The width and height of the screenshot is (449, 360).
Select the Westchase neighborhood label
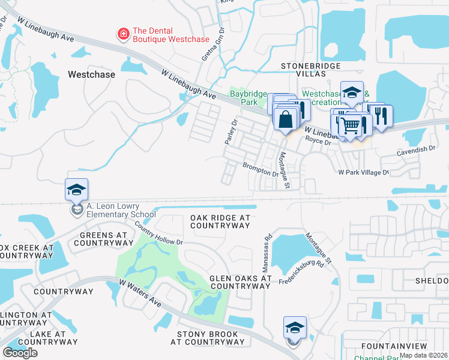coord(91,75)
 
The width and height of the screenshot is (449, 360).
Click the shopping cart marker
coord(351,127)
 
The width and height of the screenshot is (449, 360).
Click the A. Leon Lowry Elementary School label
coord(121,210)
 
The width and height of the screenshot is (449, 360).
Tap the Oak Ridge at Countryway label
coord(220,221)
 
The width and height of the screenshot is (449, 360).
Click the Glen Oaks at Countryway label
coord(240,283)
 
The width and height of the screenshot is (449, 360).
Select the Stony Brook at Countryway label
coord(208,338)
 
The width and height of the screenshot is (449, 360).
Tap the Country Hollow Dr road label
coord(158,233)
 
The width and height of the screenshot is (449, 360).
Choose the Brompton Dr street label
coord(261,169)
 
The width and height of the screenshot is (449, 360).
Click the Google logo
coord(20,353)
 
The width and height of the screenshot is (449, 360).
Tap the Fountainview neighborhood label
coord(399,347)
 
